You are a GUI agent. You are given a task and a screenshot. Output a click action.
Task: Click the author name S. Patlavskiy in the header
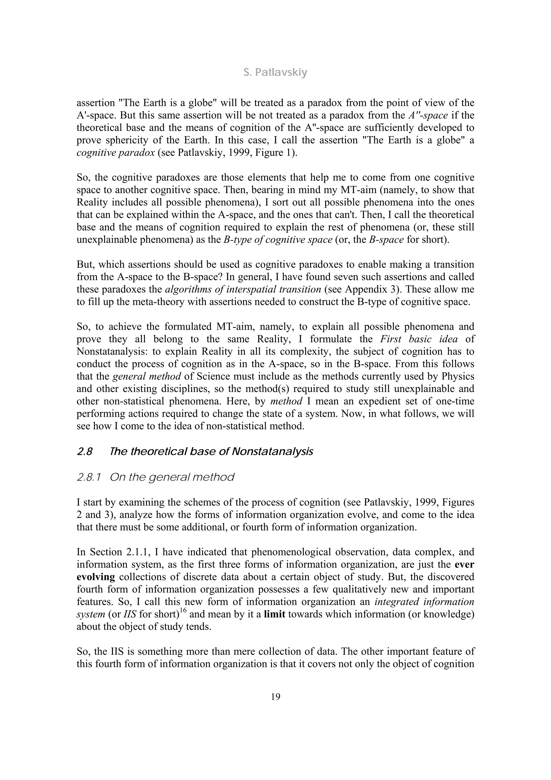point(275,73)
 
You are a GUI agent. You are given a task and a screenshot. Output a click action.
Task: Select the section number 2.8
point(84,452)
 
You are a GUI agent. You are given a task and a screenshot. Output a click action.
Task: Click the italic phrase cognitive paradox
point(115,153)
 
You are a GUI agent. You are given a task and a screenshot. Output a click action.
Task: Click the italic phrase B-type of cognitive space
point(278,240)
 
